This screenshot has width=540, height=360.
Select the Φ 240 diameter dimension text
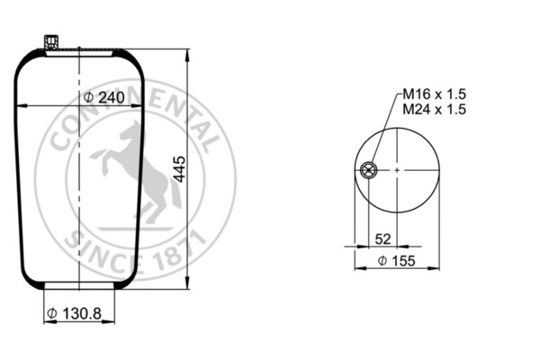[103, 97]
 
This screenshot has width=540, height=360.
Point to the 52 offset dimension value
[382, 238]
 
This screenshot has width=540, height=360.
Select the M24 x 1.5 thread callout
[433, 109]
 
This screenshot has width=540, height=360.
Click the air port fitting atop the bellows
[50, 41]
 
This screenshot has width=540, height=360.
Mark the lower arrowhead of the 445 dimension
[187, 285]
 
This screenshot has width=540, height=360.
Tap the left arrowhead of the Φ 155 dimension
[357, 268]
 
